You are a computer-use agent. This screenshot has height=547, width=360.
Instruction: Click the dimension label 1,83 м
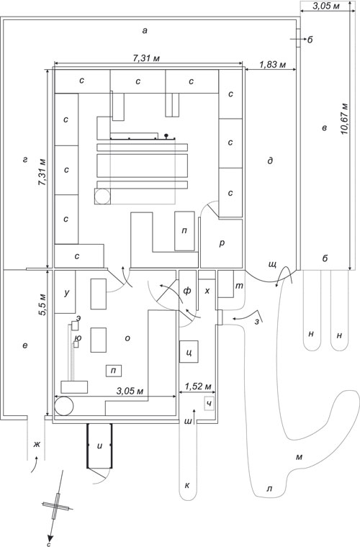273,65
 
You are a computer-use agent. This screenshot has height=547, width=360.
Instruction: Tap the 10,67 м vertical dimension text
345,119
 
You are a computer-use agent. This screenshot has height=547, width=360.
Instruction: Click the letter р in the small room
222,243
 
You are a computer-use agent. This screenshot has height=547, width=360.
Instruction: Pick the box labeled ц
189,352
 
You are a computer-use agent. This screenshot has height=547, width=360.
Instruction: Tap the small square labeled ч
209,404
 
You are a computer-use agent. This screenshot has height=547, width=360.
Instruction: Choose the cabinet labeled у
66,291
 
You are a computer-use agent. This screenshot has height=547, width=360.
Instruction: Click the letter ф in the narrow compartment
187,291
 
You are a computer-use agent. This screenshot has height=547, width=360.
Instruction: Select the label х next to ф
207,291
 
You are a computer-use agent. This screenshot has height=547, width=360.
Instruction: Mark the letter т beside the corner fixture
239,286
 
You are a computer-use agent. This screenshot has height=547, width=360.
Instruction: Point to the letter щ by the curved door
272,264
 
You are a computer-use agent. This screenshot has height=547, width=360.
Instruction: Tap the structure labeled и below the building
100,446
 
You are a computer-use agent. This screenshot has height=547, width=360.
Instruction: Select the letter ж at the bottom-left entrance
36,445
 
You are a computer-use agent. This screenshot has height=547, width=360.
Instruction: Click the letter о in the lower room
127,338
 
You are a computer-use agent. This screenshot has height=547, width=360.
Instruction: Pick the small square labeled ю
76,344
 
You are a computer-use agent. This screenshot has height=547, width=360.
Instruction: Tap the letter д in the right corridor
270,161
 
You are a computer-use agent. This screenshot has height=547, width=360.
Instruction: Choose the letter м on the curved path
299,456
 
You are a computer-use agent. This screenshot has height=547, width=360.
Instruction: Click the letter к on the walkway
187,485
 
